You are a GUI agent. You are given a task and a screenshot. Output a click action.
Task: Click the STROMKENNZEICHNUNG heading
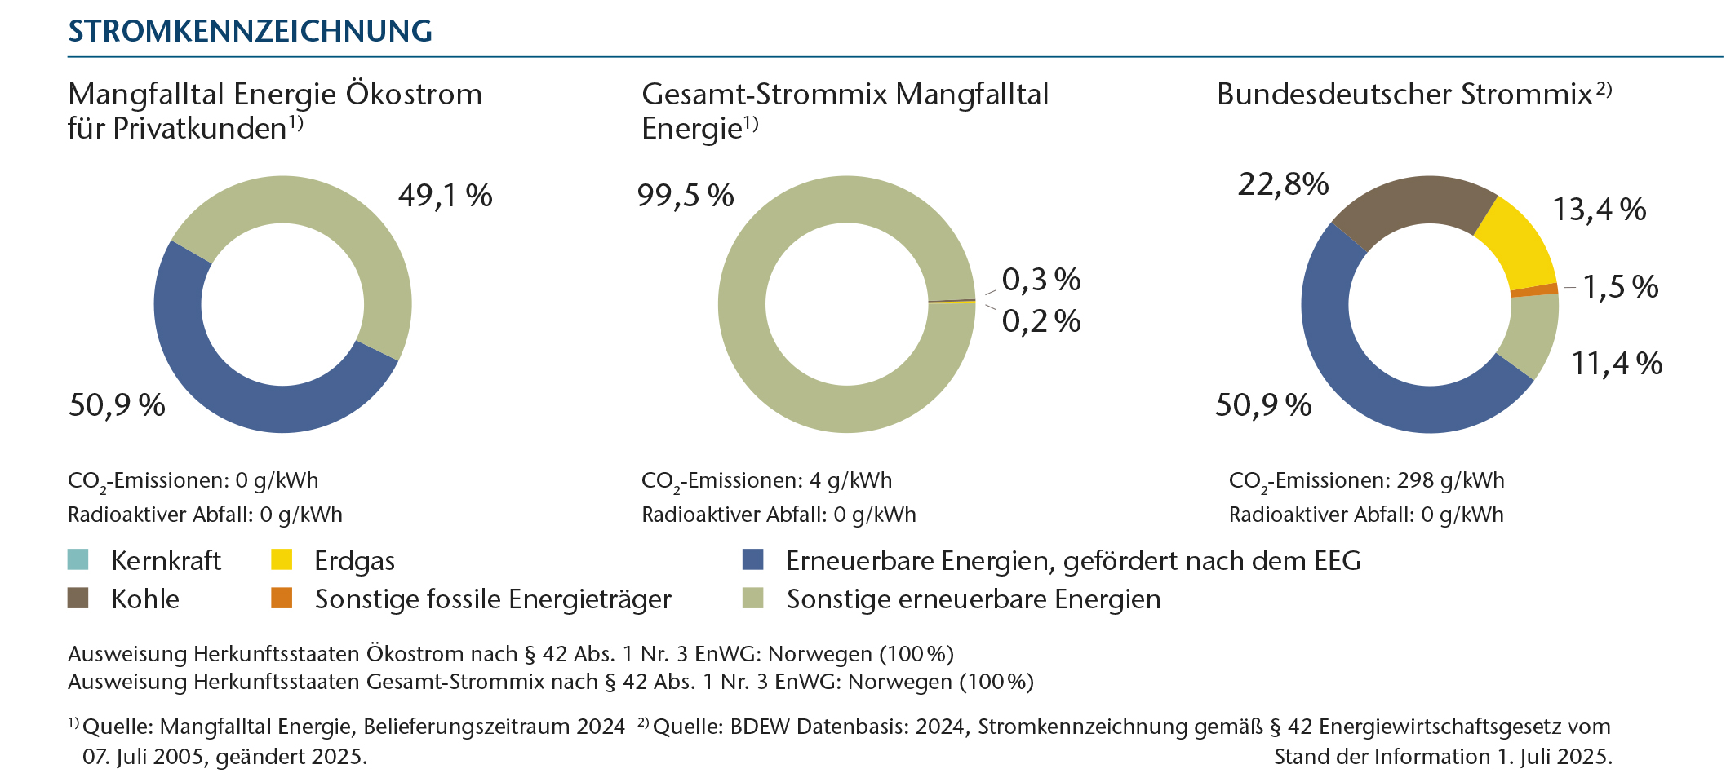250,31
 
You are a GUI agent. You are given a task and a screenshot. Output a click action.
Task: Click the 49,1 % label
445,196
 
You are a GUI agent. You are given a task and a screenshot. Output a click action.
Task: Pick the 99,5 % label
686,196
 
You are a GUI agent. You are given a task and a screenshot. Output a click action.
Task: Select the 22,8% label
1283,184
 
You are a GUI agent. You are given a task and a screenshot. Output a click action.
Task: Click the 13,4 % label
1599,210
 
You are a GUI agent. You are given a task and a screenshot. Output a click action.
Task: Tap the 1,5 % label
1620,287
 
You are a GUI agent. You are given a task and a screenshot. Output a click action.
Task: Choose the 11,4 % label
1617,364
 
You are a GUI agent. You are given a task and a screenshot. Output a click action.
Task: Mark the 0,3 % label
1041,280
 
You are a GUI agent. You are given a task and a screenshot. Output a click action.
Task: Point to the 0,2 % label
1041,321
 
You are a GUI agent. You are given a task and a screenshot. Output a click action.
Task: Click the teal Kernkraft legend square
78,559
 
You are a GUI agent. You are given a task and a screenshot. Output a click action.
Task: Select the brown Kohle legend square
78,598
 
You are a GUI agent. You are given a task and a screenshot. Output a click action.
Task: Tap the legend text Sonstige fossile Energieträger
493,599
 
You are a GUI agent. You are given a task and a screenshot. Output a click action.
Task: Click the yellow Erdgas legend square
282,559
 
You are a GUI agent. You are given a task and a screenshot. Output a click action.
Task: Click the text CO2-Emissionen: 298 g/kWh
1366,481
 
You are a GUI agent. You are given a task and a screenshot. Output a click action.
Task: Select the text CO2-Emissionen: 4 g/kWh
766,481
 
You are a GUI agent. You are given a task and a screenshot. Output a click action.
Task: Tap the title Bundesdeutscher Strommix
1404,95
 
